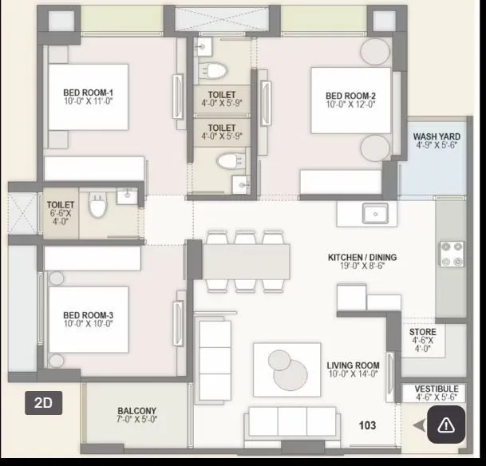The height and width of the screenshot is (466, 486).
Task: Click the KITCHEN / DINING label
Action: click(x=362, y=258)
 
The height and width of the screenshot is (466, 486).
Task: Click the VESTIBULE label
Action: click(x=437, y=388)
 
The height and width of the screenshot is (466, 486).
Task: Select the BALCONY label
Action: click(x=136, y=412)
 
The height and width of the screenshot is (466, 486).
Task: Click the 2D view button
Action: click(x=43, y=403)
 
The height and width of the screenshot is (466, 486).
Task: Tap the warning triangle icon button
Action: click(x=445, y=425)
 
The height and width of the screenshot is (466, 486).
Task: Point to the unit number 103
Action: click(x=366, y=426)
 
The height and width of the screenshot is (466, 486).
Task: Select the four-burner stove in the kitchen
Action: click(x=450, y=253)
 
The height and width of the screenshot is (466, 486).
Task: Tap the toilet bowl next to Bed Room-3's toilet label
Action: click(x=98, y=207)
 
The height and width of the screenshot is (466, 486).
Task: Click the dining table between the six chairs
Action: click(x=245, y=260)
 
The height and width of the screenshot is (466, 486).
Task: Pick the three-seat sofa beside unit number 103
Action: click(x=279, y=420)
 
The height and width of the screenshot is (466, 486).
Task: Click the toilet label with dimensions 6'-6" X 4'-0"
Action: click(x=60, y=210)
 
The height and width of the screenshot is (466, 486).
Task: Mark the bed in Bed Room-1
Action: click(x=87, y=96)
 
